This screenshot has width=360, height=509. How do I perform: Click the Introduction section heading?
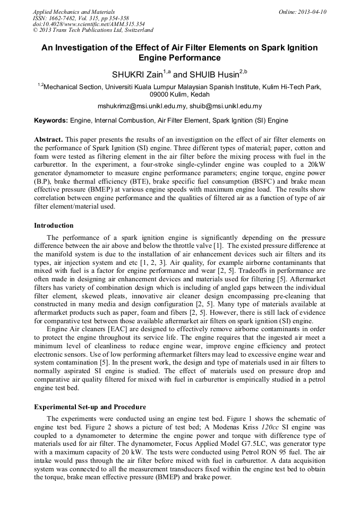54,226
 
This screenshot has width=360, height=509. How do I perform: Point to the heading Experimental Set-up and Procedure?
90,407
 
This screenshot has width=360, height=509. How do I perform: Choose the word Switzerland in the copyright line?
135,30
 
